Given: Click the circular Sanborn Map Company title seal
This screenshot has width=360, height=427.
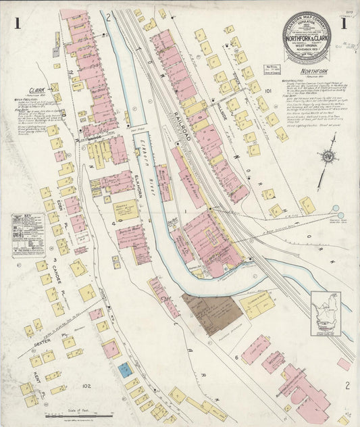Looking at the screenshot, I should (307, 35).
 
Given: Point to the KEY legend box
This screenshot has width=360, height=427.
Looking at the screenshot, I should (28, 234).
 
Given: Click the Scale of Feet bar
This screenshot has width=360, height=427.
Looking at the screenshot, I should (68, 414).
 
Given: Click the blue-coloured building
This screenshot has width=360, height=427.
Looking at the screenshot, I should (125, 369).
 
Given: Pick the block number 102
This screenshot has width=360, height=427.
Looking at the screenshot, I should (86, 386).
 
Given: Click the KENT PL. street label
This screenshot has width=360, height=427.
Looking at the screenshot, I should (32, 371).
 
